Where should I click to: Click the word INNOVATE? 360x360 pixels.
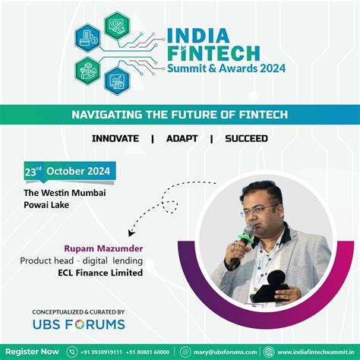pos(115,139)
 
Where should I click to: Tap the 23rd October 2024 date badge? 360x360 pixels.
pos(68,171)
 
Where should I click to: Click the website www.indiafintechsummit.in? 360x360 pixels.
pos(312,352)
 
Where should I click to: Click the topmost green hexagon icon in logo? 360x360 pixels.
pos(118,24)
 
